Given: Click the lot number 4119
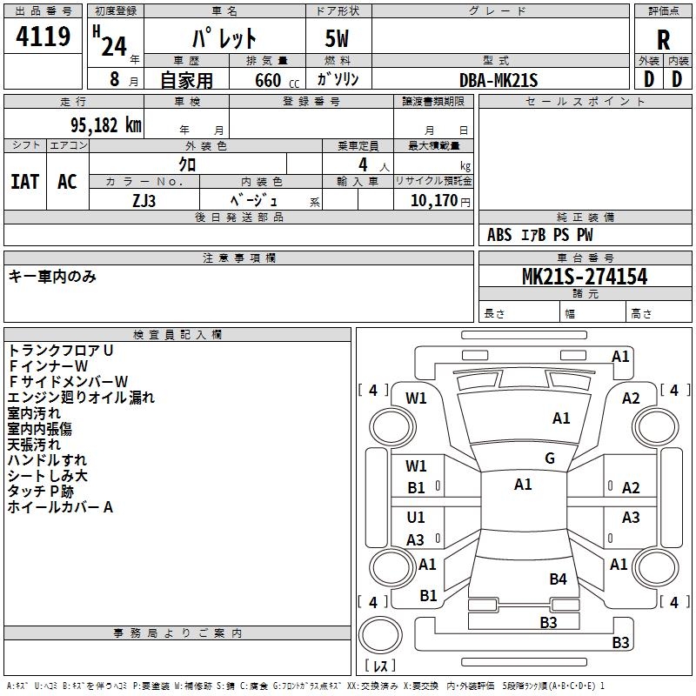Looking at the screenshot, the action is click(43, 37).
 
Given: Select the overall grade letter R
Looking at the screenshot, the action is click(663, 40).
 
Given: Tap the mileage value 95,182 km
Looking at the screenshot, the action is click(106, 125).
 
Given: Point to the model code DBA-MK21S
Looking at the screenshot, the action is click(499, 80).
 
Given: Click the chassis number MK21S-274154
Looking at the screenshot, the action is click(585, 277).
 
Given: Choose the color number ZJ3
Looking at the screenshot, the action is click(144, 201).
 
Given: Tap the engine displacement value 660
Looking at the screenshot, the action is click(268, 80).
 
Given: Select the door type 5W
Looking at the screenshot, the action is click(337, 38).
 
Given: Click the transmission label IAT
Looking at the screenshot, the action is click(25, 182).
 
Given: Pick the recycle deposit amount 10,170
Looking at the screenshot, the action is click(433, 201).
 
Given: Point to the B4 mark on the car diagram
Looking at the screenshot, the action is click(558, 579).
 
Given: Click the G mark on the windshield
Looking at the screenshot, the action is click(550, 458).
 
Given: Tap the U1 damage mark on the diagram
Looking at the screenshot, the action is click(416, 517).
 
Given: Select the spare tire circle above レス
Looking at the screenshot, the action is click(380, 635).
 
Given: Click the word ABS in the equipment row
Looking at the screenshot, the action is click(499, 235).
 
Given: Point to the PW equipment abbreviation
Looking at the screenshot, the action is click(585, 235).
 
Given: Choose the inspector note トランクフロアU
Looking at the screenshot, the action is click(61, 351).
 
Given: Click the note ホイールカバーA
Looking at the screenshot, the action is click(60, 507).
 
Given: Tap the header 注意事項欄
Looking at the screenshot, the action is click(238, 258).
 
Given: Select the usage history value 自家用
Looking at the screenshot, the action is click(186, 80).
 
